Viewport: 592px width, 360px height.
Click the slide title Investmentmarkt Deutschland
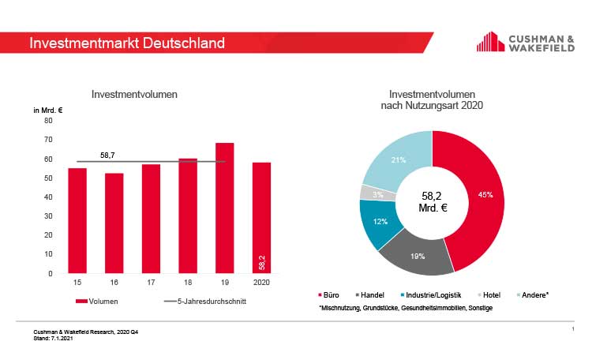click(126, 43)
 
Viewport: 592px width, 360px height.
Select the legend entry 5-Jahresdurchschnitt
click(201, 302)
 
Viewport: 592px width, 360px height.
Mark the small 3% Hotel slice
click(367, 193)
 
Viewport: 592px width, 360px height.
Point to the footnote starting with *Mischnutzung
click(405, 307)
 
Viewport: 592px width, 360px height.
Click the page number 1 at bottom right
click(571, 328)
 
